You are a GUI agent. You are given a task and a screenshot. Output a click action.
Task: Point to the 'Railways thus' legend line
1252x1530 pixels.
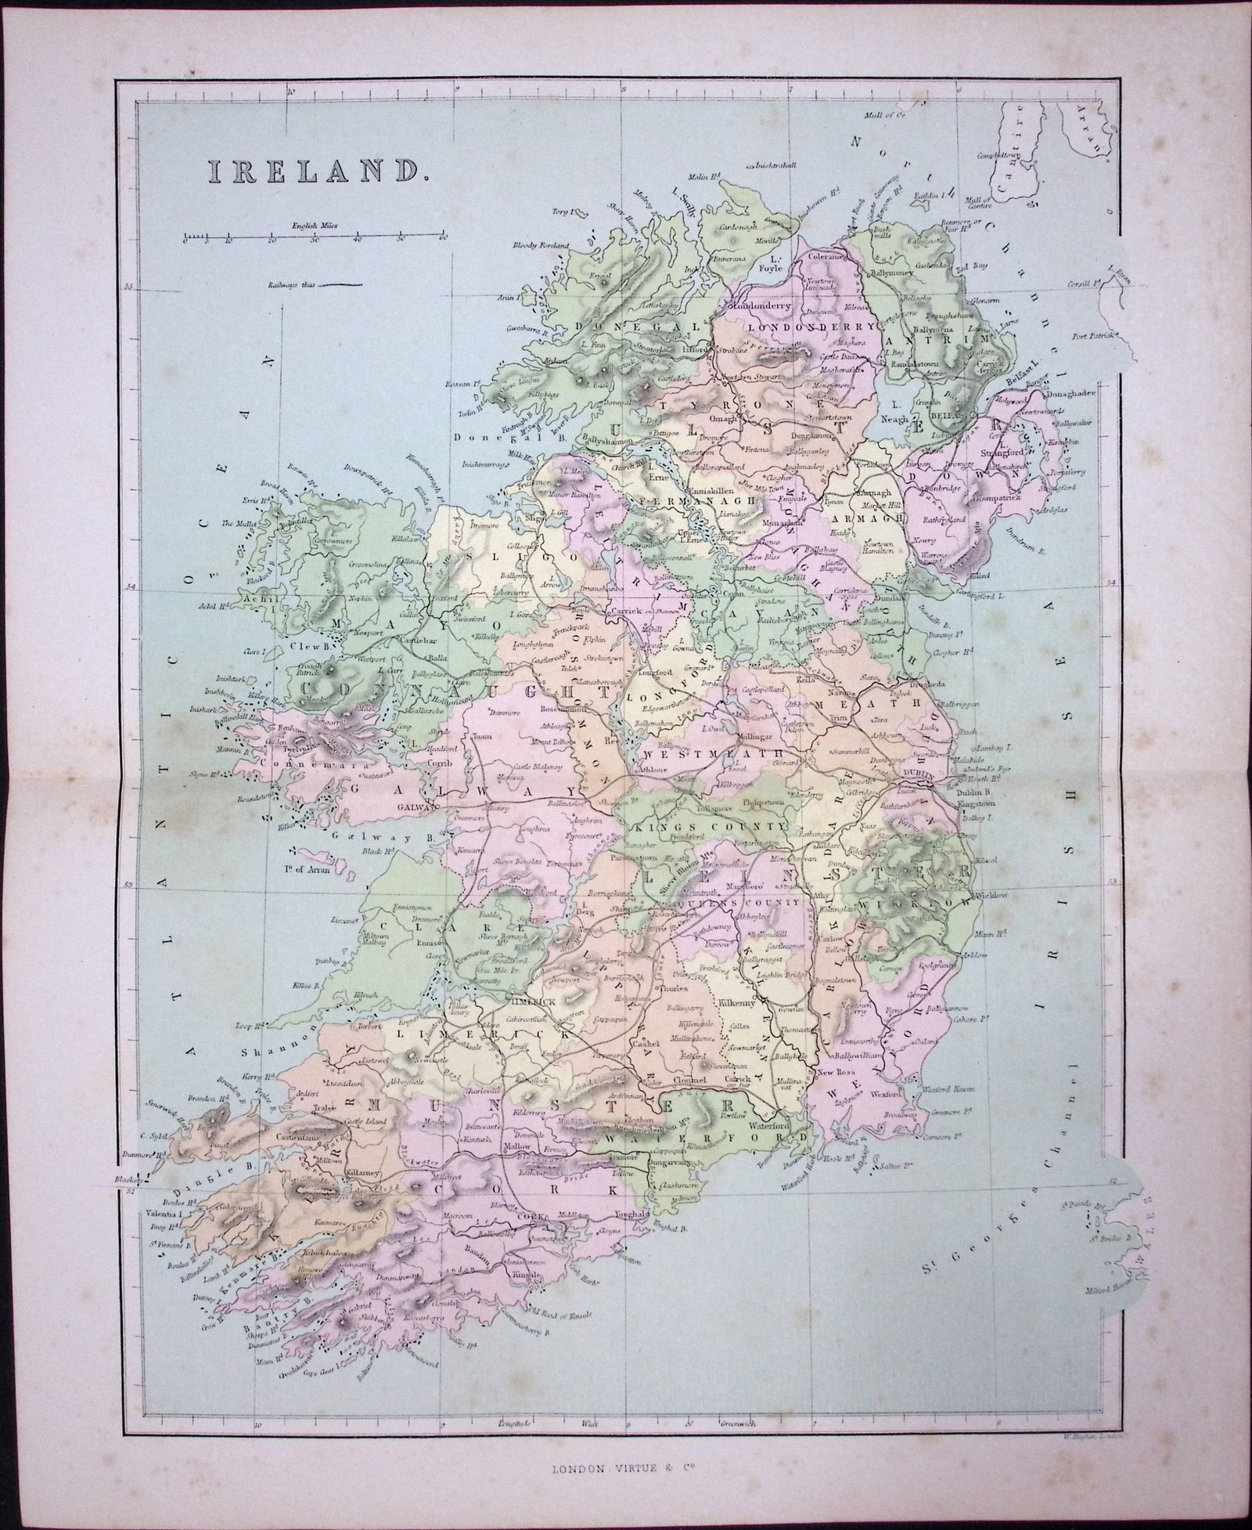click(x=342, y=283)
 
